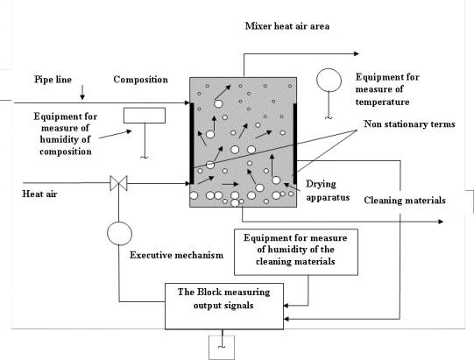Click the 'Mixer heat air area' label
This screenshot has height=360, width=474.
click(287, 26)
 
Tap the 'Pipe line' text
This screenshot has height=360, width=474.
click(53, 80)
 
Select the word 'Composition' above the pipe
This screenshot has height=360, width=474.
click(140, 80)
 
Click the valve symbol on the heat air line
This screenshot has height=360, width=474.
click(119, 183)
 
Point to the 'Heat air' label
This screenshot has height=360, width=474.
click(39, 194)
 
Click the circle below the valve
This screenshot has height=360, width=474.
click(119, 233)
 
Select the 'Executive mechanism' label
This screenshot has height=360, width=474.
click(176, 255)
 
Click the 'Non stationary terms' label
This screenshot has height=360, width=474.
click(409, 124)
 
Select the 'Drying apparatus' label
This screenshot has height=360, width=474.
click(328, 190)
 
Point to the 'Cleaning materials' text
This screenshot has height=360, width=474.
click(405, 200)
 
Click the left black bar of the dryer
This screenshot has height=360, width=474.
click(191, 144)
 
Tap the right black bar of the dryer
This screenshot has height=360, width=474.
click(294, 144)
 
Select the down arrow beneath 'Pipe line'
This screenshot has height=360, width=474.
click(82, 92)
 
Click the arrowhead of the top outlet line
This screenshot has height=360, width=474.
click(357, 53)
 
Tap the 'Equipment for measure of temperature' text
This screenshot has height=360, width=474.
click(387, 89)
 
